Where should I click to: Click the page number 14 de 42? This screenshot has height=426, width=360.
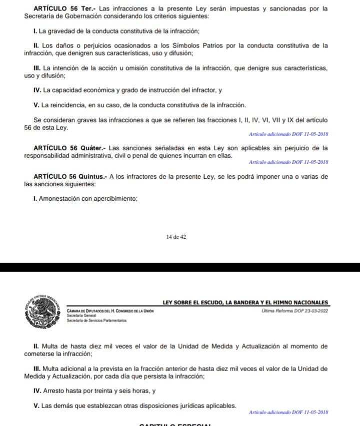tap(176, 237)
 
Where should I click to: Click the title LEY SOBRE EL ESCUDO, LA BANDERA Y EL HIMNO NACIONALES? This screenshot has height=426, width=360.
tap(245, 302)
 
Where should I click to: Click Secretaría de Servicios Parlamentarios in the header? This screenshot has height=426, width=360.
tap(96, 320)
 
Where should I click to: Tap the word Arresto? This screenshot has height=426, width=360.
tap(55, 391)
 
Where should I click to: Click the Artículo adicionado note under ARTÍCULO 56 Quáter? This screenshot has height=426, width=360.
tap(288, 162)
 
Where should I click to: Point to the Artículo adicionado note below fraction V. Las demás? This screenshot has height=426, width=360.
tap(288, 413)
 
